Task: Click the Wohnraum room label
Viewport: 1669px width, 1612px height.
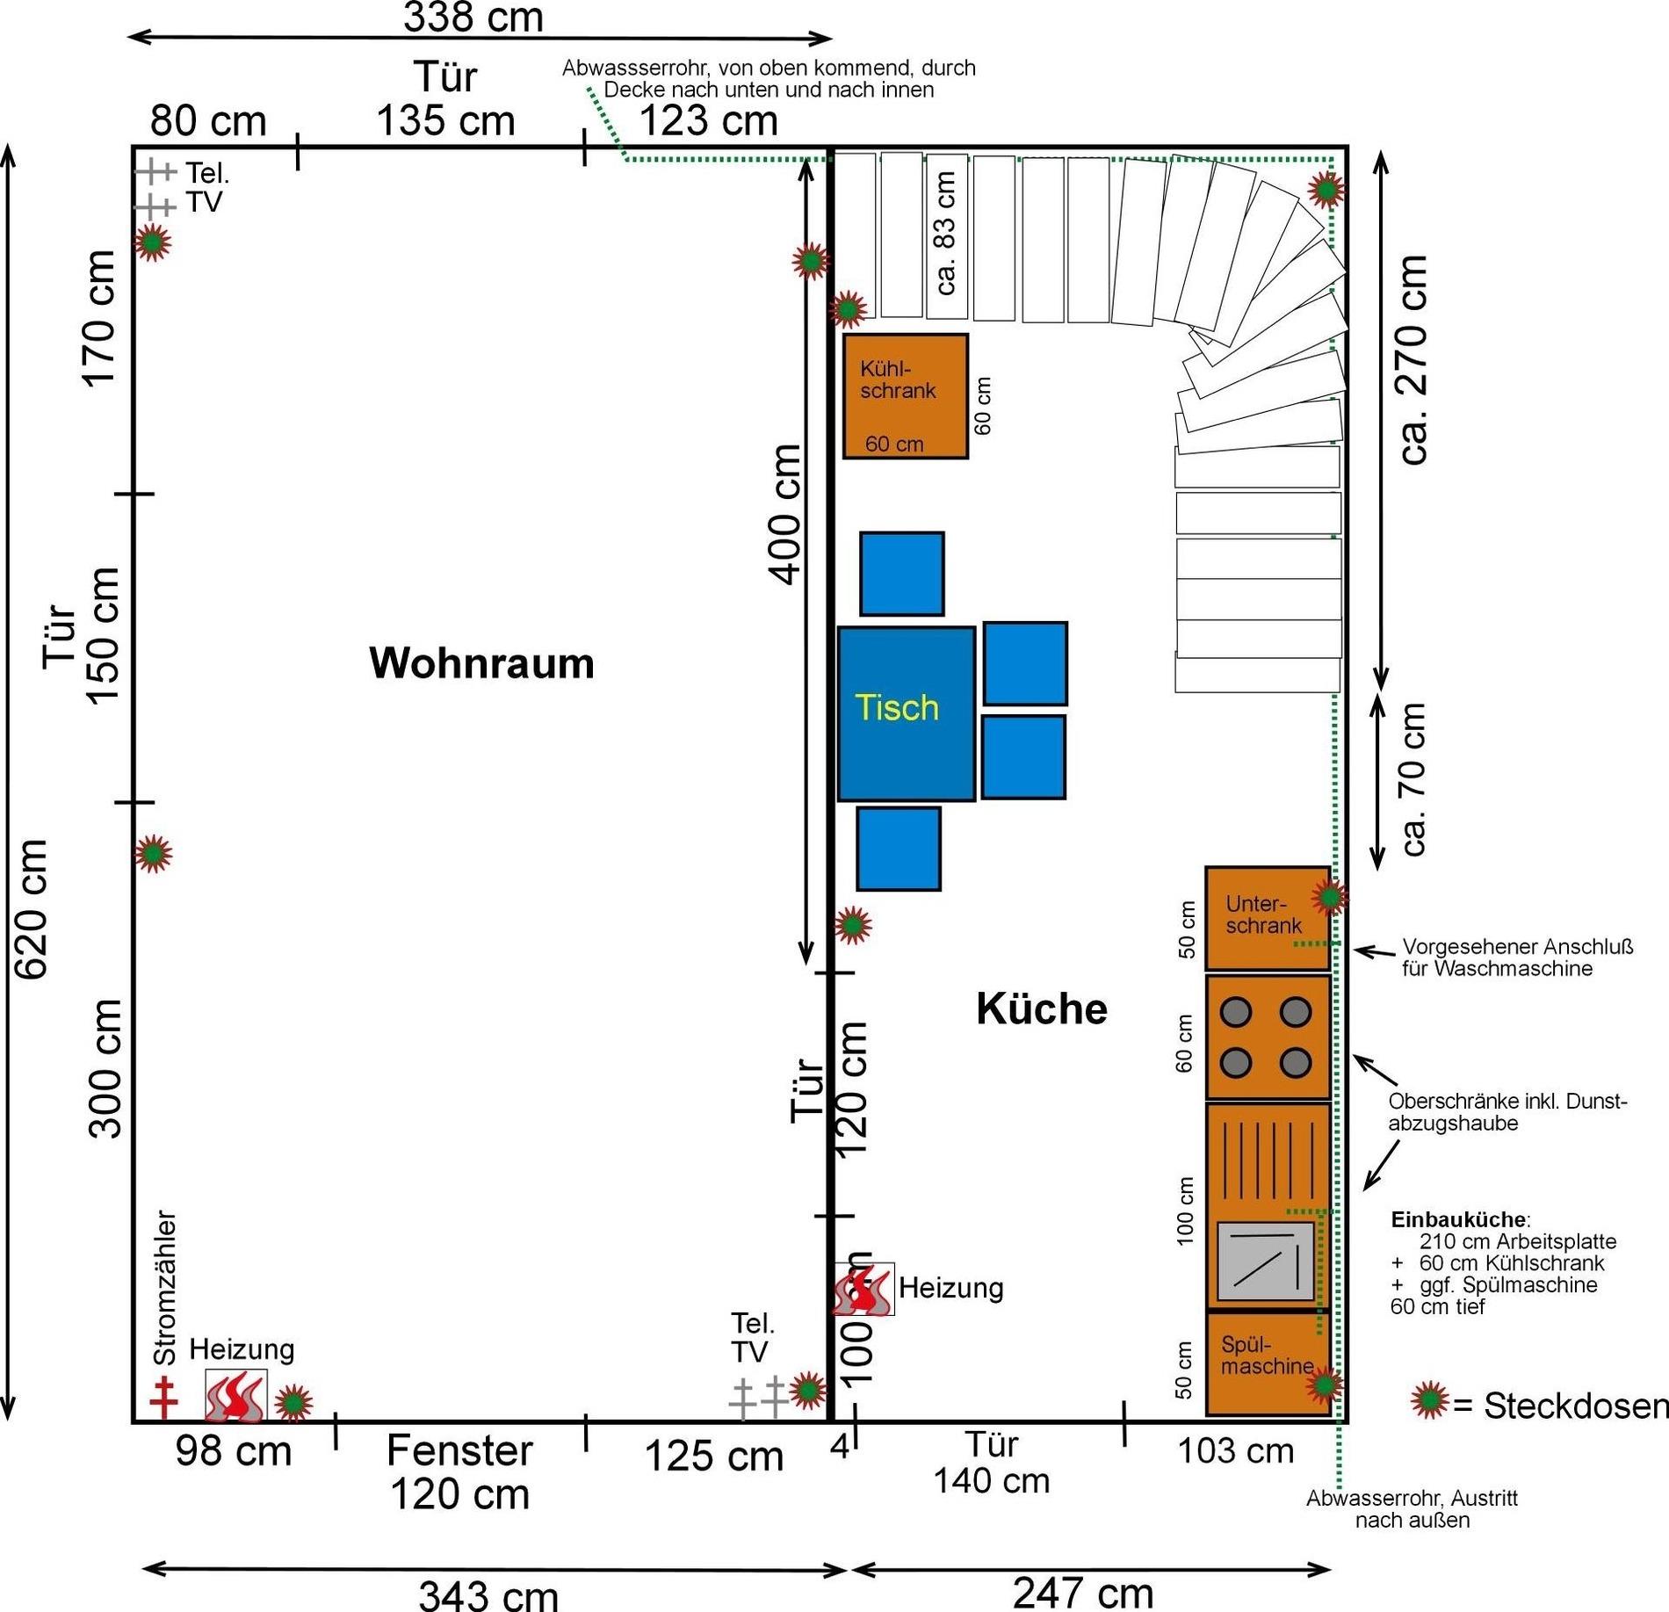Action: tap(481, 663)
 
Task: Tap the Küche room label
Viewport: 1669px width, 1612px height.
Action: tap(1041, 1008)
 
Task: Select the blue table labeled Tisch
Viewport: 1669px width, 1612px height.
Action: tap(906, 712)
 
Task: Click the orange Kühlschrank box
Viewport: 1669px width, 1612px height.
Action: tap(905, 395)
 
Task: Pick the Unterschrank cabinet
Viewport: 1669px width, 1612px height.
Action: tap(1266, 918)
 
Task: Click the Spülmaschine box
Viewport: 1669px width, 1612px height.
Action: tap(1266, 1363)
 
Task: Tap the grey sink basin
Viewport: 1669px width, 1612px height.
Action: tap(1265, 1261)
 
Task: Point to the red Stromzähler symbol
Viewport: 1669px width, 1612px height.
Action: tap(163, 1398)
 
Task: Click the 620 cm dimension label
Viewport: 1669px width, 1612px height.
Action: tap(31, 909)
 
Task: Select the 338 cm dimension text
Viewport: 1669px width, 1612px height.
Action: tap(473, 18)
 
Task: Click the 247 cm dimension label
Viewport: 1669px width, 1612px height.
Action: tap(1082, 1592)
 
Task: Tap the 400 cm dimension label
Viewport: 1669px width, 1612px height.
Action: tap(786, 514)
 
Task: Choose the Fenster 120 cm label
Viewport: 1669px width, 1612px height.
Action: tap(459, 1471)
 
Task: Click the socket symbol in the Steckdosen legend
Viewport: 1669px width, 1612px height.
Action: tap(1429, 1399)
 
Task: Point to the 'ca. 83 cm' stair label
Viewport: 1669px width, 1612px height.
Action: tap(945, 233)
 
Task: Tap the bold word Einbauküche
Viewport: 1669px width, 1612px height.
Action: tap(1458, 1219)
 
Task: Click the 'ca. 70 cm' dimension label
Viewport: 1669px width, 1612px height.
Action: tap(1413, 779)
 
